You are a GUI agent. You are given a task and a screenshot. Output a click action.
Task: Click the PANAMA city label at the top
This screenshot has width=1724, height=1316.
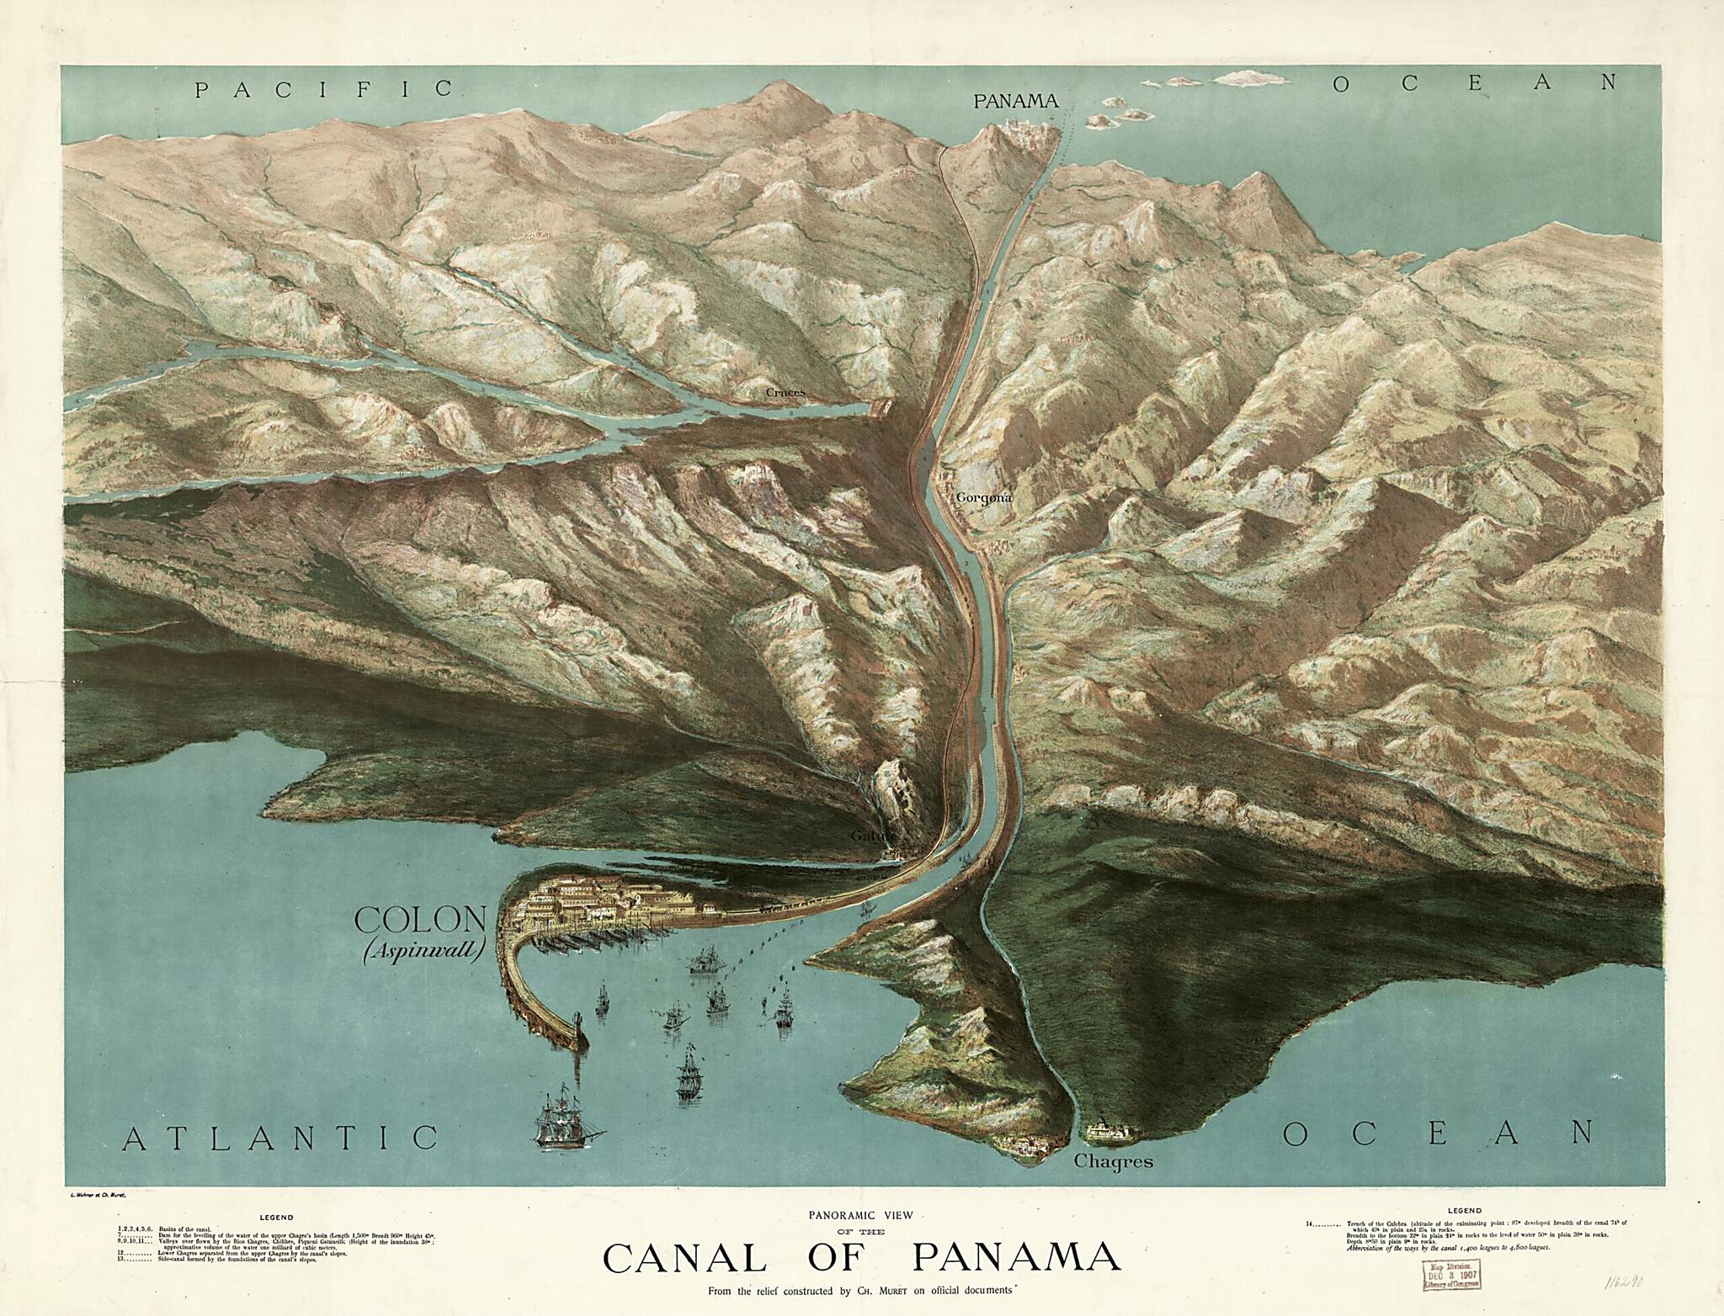1014,102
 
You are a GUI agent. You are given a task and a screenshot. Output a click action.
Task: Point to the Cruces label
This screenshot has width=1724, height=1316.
785,392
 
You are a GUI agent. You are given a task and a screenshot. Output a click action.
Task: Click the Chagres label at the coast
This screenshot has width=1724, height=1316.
1114,1163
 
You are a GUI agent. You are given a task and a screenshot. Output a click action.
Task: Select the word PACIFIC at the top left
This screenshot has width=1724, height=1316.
324,88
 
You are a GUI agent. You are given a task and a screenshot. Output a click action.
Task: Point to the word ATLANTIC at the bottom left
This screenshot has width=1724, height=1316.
280,1138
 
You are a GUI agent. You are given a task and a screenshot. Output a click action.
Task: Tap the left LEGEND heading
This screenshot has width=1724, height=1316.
276,1217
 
